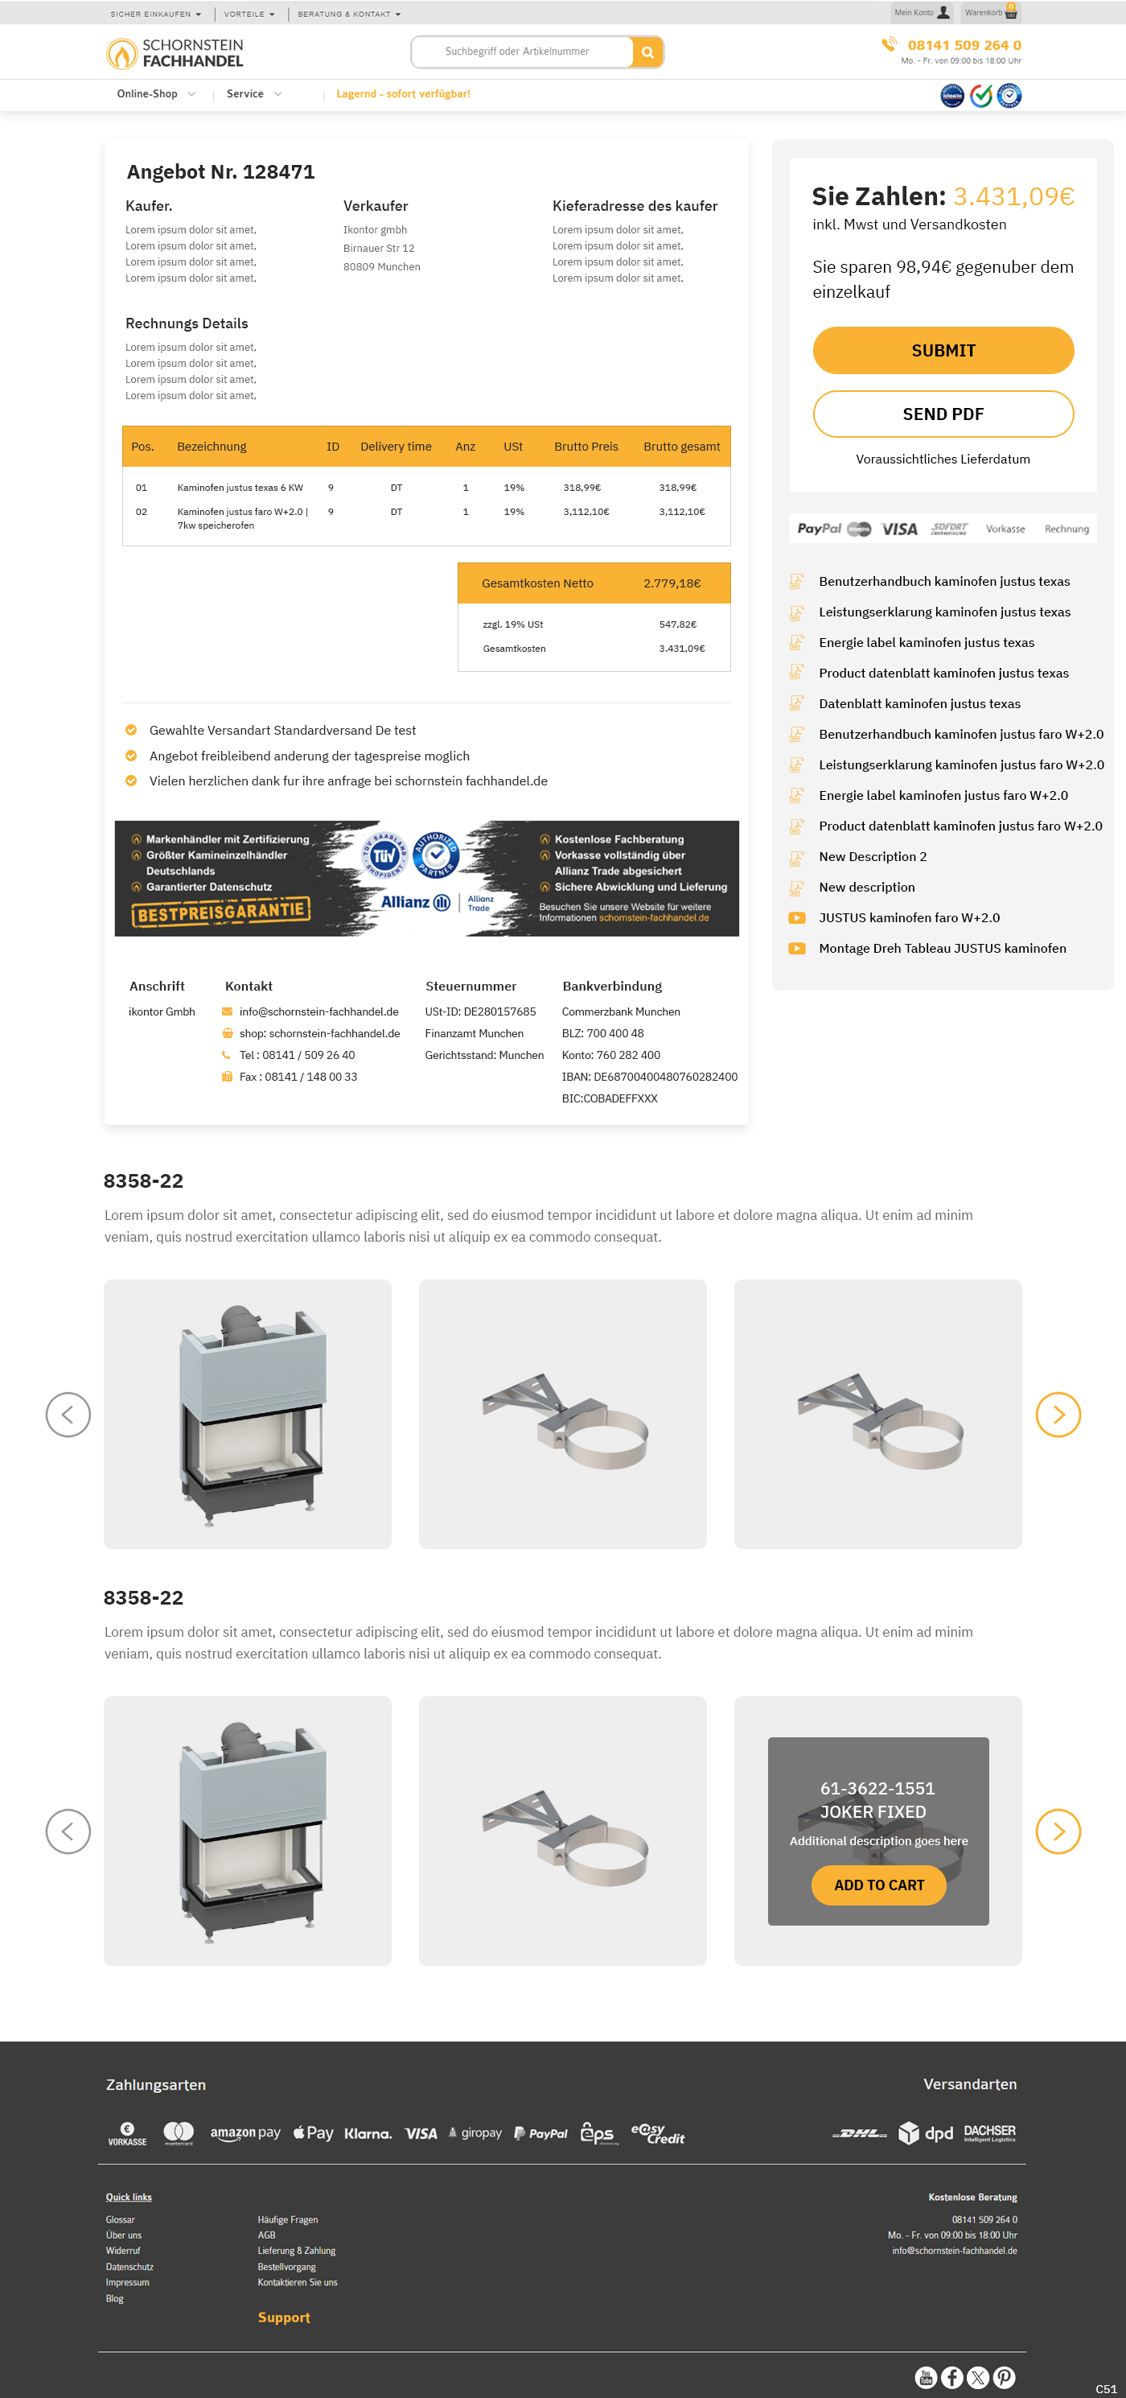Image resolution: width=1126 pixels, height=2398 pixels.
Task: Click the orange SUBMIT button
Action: pos(943,350)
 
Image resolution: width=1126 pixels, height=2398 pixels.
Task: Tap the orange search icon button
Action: pos(647,52)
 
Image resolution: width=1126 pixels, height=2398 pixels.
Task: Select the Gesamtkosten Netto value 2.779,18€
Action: pos(672,583)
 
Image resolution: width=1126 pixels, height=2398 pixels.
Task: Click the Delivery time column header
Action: pos(396,446)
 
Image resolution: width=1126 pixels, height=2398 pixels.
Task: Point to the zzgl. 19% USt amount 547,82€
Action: pos(677,624)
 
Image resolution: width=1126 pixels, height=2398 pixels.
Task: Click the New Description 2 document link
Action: pos(872,855)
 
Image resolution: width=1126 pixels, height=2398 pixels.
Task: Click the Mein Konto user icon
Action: pos(943,13)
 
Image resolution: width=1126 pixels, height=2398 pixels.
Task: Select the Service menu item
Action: pos(245,93)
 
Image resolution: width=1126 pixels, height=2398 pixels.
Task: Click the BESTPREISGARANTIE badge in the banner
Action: pos(221,912)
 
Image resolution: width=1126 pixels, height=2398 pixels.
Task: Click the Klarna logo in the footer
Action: pos(368,2132)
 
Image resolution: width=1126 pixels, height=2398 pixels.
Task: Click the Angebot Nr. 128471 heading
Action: pos(220,171)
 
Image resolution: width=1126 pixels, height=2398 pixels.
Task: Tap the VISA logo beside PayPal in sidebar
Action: pos(899,529)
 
